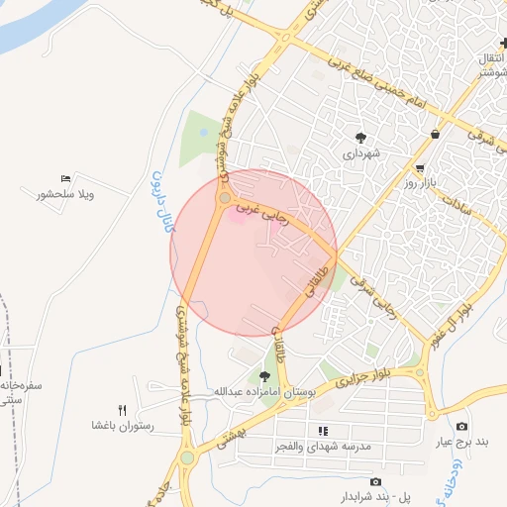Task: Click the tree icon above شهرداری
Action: (x=358, y=139)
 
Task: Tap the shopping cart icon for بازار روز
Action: (x=421, y=168)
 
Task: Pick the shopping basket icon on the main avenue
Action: (x=436, y=134)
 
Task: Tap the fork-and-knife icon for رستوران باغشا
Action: (x=123, y=409)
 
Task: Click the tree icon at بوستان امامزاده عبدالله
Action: (x=264, y=376)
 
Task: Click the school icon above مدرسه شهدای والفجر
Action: (x=323, y=431)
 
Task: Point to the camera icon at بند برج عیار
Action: (x=461, y=426)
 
